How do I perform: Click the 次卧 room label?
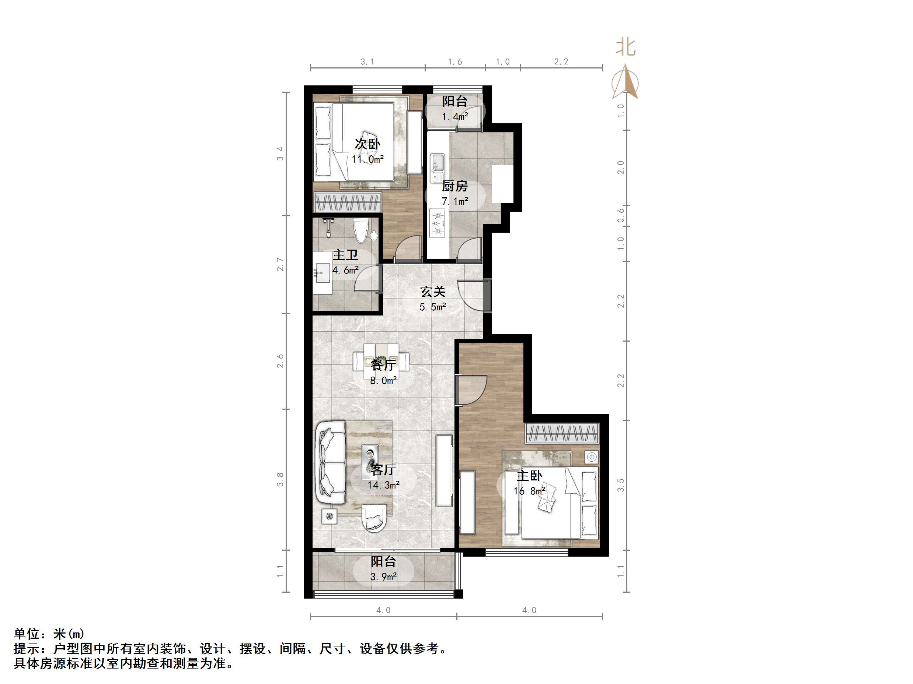point(367,144)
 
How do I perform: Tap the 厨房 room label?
point(454,186)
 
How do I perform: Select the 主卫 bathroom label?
point(345,255)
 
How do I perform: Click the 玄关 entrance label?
point(433,292)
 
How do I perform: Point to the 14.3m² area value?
point(383,485)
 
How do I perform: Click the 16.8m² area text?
point(529,491)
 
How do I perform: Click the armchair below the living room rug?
point(374,518)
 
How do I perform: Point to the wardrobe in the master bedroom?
point(562,434)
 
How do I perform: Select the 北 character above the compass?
point(626,47)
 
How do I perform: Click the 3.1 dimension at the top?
point(367,62)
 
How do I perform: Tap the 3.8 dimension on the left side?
point(280,480)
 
